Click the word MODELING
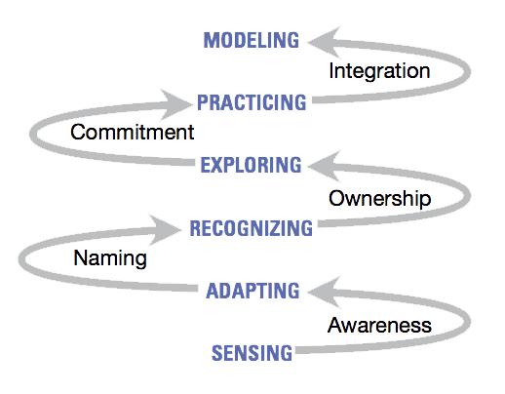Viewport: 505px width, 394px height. (x=251, y=40)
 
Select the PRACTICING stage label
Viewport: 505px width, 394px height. (x=252, y=102)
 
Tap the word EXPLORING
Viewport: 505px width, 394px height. (x=251, y=165)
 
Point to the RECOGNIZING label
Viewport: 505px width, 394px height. (x=252, y=228)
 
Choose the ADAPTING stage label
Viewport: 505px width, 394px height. (x=252, y=291)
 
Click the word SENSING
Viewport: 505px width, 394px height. (x=252, y=353)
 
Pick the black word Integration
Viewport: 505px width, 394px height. (x=379, y=71)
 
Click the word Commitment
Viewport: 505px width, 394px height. (x=133, y=133)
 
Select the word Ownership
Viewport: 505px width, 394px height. (x=380, y=198)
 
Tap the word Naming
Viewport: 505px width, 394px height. (x=110, y=258)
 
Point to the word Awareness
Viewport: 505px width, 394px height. (x=379, y=325)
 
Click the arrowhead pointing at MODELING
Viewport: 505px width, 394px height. (x=325, y=42)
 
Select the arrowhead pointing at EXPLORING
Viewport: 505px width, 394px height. (x=325, y=166)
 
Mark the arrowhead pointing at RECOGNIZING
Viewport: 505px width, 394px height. (x=165, y=229)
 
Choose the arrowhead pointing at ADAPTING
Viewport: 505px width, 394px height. (x=325, y=293)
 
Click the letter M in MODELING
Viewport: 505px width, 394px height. (x=212, y=40)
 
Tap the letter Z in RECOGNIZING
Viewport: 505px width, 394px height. (x=274, y=228)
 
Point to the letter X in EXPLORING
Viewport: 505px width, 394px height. (x=219, y=165)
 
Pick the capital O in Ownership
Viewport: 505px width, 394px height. (x=337, y=198)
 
